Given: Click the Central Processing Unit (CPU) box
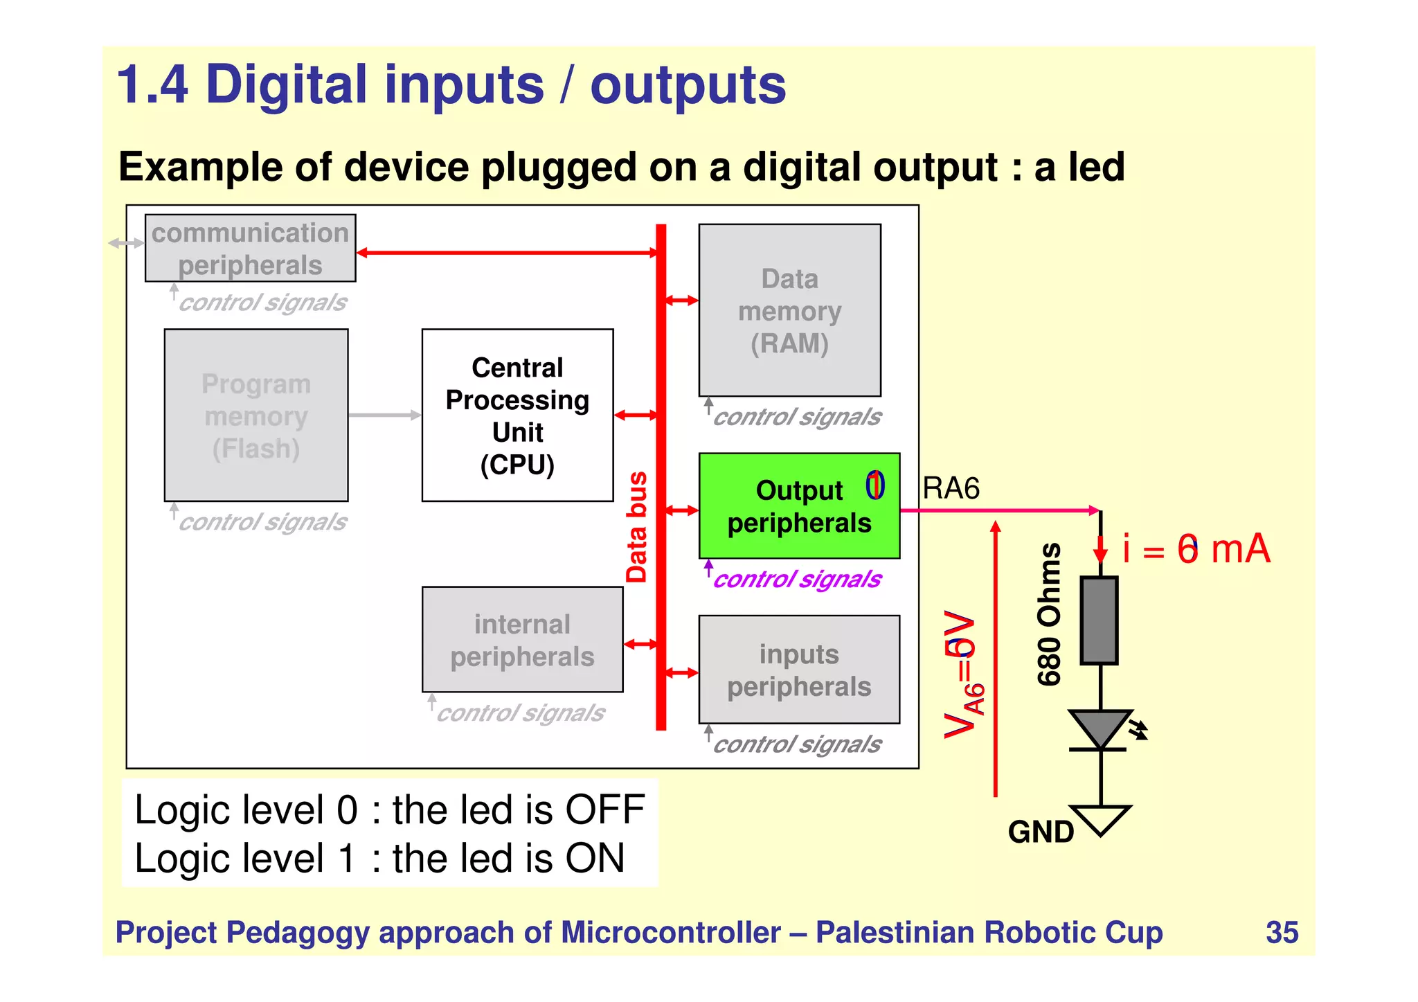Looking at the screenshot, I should click(x=517, y=415).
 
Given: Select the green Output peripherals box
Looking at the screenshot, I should click(x=799, y=506).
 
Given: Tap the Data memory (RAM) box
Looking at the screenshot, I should click(x=789, y=310).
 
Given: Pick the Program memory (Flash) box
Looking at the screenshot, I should click(x=256, y=415).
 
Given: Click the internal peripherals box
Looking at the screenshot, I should click(x=522, y=640).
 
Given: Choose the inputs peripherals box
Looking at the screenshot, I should click(x=799, y=670).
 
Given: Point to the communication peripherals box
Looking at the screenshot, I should click(x=250, y=249).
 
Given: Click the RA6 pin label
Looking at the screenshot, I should click(x=951, y=489).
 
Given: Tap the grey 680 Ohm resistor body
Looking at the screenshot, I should click(x=1099, y=620).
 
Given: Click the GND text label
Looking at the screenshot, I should click(x=1040, y=832).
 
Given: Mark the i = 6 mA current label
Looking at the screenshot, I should click(x=1196, y=549).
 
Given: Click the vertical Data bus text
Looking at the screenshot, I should click(x=637, y=527).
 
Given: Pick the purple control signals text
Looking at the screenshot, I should click(x=797, y=579).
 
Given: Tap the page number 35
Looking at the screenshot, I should click(x=1282, y=932).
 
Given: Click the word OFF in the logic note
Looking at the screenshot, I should click(x=605, y=809).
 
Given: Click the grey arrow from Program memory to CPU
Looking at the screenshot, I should click(x=385, y=415).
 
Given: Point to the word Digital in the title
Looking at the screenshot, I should click(x=287, y=85).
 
